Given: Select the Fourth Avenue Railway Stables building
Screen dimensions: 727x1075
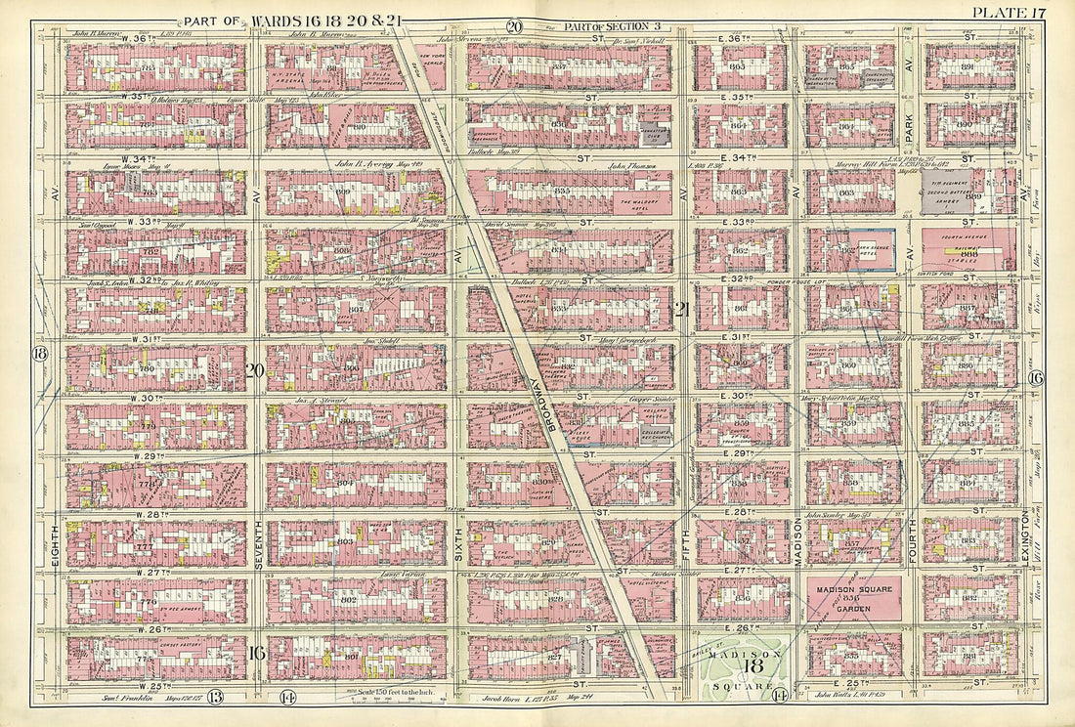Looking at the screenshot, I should (967, 249).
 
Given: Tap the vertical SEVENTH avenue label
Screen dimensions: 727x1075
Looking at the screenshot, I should (255, 552).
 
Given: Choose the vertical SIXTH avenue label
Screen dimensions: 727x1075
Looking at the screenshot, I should (455, 552).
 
